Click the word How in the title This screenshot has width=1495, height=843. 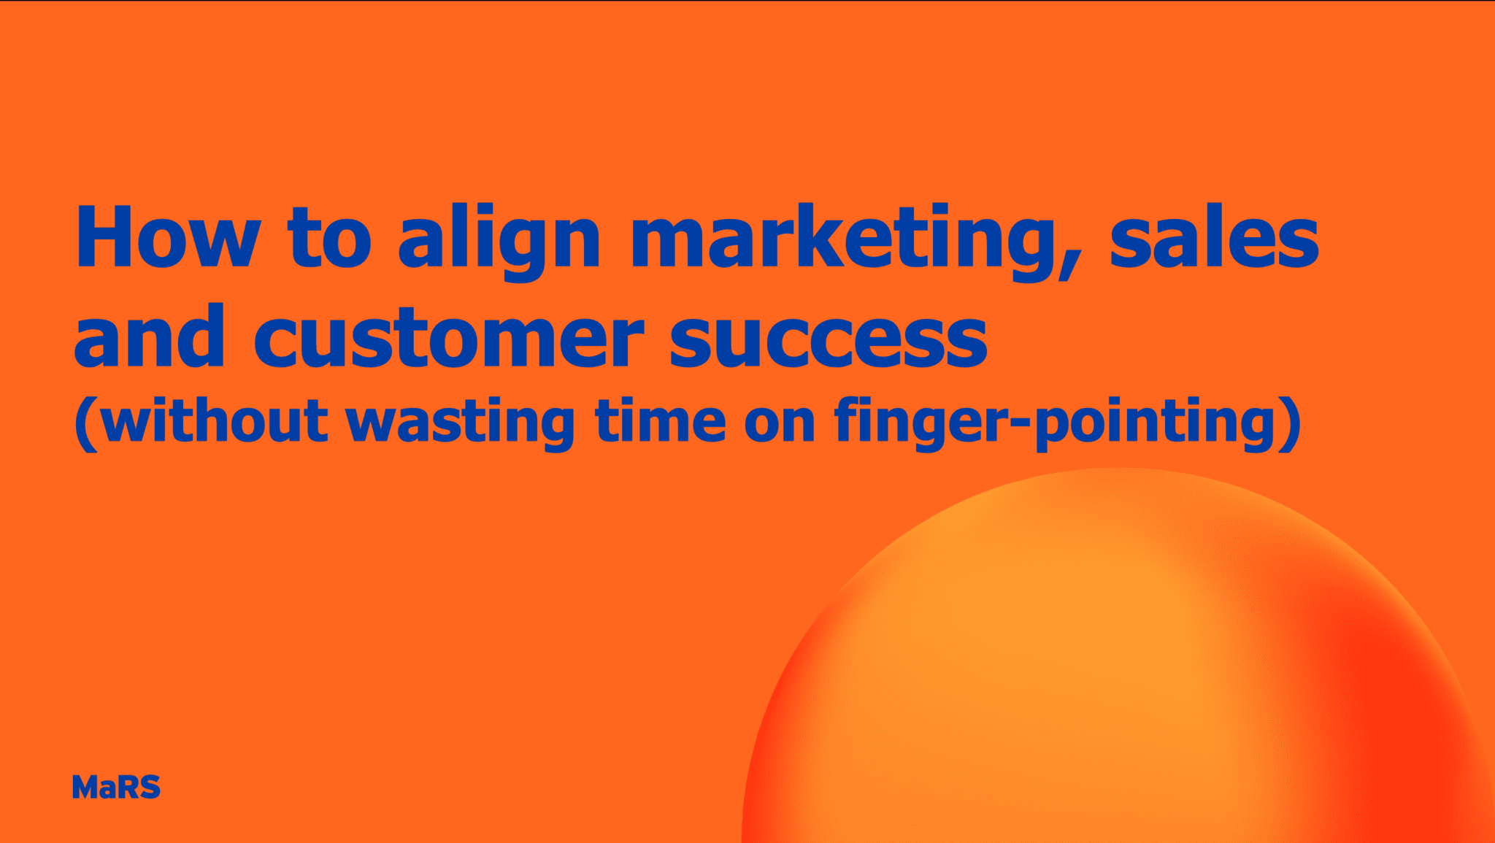tap(167, 238)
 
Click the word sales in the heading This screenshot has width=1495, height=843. tap(1214, 238)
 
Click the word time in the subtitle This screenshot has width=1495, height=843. tap(661, 421)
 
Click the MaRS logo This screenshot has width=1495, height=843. tap(116, 788)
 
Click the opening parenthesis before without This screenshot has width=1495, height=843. tap(86, 424)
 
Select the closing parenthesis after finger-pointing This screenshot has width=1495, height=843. tap(1291, 424)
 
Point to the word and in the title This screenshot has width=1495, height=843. tap(149, 337)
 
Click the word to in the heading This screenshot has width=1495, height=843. tap(329, 238)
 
